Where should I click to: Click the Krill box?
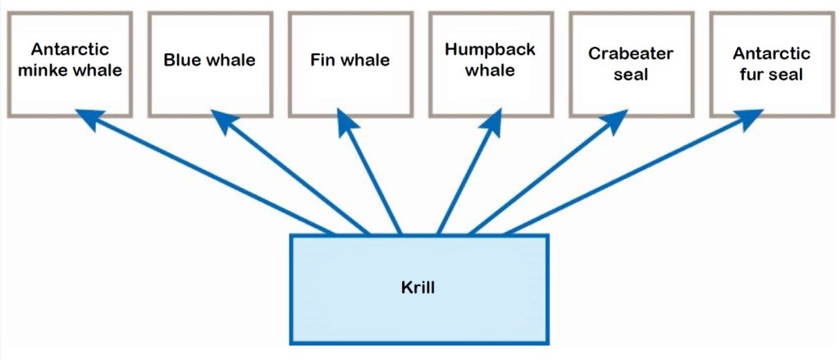pos(419,289)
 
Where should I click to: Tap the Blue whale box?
pos(209,63)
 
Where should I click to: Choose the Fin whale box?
pos(349,63)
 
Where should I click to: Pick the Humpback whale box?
pos(490,63)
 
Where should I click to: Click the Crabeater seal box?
pos(630,63)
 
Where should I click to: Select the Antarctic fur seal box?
pos(770,63)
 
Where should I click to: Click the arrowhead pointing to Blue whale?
pos(223,121)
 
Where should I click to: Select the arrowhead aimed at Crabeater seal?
pos(614,121)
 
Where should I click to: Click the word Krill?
pos(419,289)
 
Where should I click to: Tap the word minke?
pos(47,70)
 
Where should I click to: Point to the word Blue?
pos(183,60)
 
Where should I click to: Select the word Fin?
pos(322,60)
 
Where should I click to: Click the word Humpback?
pos(490,49)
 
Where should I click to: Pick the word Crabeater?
pos(630,54)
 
